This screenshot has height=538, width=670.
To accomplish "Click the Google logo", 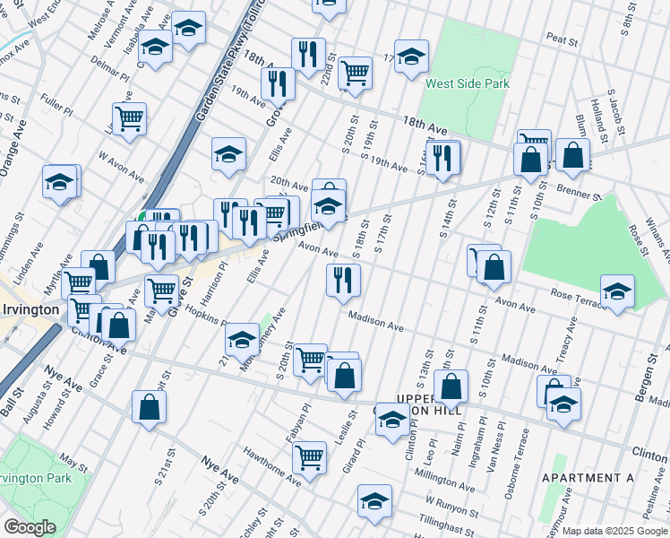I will (x=30, y=527).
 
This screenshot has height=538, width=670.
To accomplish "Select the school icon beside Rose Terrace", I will (x=617, y=290).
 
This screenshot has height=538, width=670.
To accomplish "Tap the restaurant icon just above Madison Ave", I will (x=343, y=280).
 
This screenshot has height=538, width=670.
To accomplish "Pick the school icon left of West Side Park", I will (x=411, y=56).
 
